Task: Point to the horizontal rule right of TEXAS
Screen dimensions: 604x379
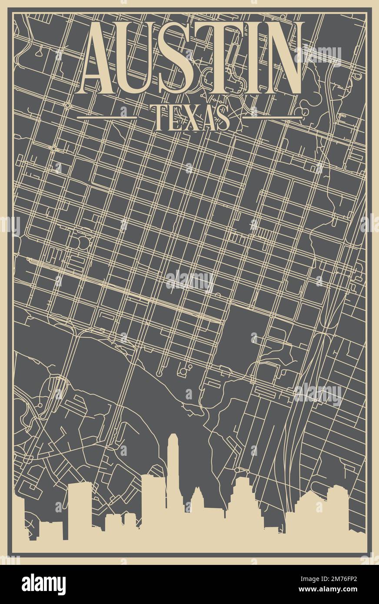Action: (272, 117)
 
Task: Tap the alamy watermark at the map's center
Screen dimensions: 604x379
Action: (189, 280)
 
